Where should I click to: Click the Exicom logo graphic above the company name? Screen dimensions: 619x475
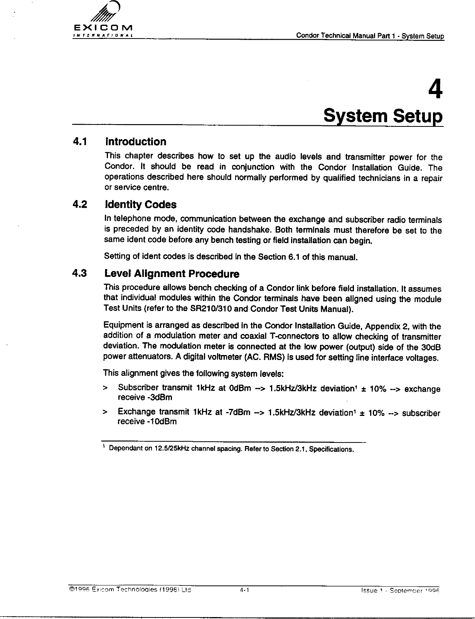103,14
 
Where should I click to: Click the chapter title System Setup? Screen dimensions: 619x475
383,116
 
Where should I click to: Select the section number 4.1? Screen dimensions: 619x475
80,142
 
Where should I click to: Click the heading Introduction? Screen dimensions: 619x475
136,142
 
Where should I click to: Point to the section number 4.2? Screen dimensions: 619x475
80,204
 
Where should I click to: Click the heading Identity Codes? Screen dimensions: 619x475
141,205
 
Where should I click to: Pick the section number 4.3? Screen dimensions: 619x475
80,274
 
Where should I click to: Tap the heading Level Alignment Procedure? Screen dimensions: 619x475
172,274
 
